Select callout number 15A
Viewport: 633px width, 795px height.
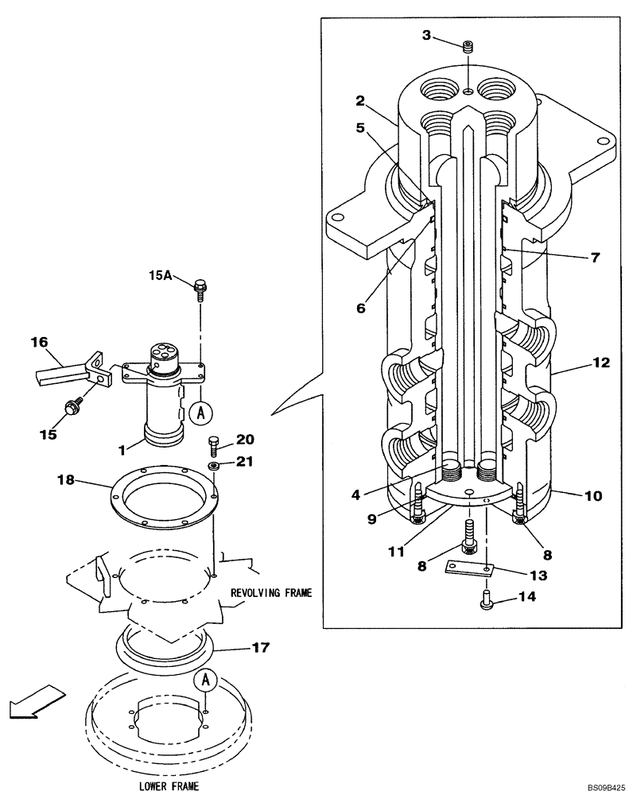coord(160,275)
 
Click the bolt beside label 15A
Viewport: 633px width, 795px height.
coord(199,287)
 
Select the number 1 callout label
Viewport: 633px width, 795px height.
coord(122,450)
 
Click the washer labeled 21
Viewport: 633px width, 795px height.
coord(215,464)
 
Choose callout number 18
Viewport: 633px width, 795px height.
coord(66,479)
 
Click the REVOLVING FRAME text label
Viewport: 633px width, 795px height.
coord(271,592)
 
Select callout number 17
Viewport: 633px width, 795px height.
coord(260,648)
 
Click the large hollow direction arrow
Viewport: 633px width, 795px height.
coord(29,700)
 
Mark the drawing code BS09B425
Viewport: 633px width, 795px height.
coord(606,788)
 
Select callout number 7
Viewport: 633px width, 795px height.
coord(595,257)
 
